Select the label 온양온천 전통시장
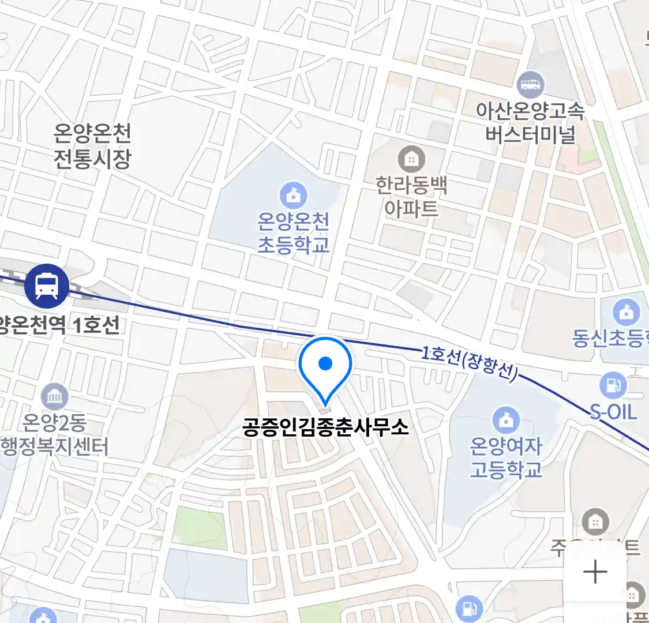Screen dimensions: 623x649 92,146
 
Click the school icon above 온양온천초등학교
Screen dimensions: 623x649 294,196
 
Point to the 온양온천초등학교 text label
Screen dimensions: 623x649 294,233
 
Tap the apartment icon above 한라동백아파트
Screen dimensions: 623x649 411,159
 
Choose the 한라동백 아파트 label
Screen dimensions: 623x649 411,197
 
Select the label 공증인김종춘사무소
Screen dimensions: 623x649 325,427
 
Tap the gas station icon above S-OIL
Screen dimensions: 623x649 613,385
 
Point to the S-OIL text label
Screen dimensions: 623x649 613,412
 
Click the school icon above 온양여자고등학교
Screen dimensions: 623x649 506,421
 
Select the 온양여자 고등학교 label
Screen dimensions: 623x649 506,458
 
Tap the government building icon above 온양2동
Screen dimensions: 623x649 55,397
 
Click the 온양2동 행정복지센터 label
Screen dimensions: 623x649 55,435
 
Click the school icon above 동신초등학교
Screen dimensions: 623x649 626,313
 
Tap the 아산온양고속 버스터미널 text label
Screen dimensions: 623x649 530,122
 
